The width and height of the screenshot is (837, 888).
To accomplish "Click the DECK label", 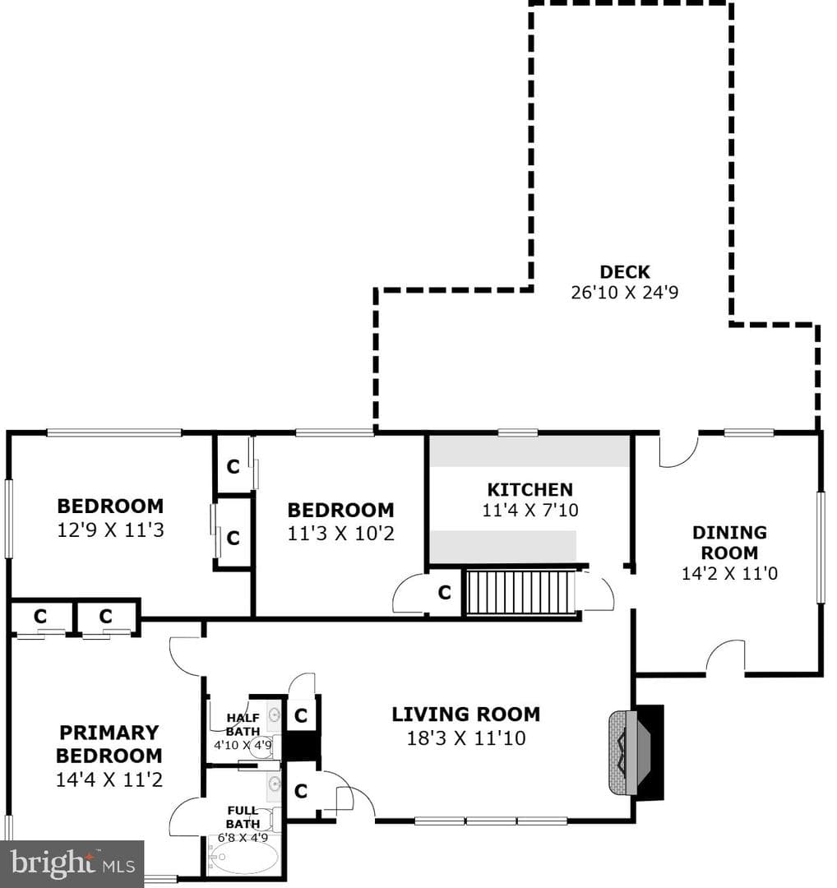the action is coord(625,272).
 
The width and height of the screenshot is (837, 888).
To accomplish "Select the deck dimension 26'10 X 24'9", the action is coord(625,292).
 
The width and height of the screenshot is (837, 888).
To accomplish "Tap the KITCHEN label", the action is coord(530,489).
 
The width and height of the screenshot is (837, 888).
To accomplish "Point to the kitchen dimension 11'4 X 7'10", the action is coord(530,510).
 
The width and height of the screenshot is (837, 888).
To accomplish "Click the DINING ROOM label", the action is coord(729,542).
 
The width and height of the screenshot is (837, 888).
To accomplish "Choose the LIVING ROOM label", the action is coord(466,715).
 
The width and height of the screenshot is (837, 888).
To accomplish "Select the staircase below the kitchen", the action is coord(521,592).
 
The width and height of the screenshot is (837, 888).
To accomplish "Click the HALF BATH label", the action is coord(243,724).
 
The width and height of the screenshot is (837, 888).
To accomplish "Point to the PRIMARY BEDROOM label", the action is coord(109,743).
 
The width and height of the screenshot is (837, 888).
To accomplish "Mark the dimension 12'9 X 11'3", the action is coord(110,530).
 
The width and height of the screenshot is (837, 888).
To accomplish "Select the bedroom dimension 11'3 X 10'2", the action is coord(341,534).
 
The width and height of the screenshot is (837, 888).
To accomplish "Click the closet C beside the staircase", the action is coord(445,592).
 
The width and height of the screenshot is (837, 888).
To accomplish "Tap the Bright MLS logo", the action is coord(72,863).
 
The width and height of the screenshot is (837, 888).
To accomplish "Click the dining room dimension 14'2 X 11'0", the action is coord(729,573).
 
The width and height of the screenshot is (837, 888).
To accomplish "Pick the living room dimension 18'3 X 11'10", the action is coord(466,738).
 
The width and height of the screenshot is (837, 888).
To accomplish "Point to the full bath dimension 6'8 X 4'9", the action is coord(243,837).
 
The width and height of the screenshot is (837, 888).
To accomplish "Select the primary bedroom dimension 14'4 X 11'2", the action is coord(109,779).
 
